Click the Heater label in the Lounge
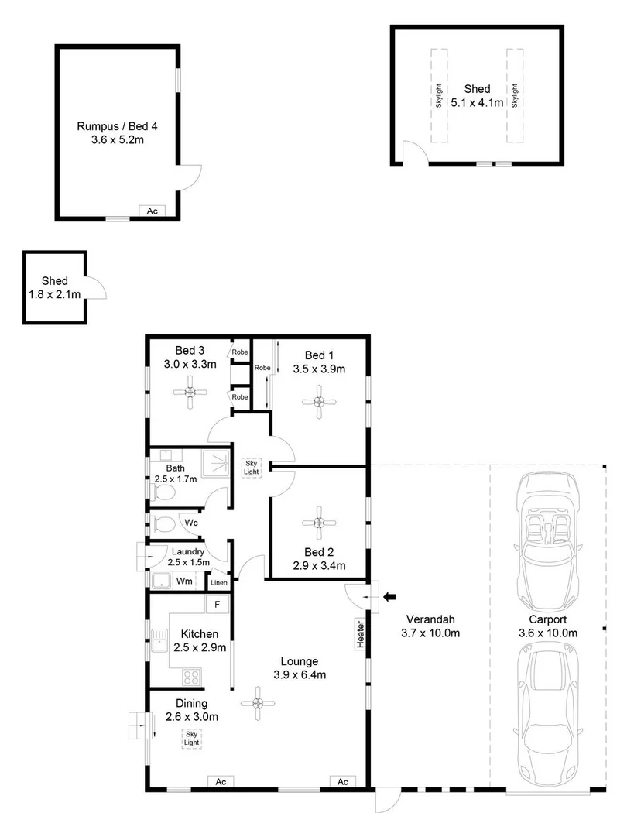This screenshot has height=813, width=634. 360,633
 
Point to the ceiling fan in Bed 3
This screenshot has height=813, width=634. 190,393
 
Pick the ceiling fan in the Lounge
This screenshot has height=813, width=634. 256,702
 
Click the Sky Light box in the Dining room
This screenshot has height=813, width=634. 190,738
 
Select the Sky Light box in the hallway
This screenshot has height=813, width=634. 252,466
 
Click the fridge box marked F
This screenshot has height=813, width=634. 217,603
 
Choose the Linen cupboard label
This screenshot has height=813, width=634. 219,581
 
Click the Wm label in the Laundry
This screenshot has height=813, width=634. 184,580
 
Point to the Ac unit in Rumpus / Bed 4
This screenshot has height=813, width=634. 152,211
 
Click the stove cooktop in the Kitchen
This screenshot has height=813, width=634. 191,677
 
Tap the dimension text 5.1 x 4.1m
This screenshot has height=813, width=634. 478,102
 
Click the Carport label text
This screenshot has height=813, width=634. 548,619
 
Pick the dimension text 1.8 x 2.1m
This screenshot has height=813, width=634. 54,294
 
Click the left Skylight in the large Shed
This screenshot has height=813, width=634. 438,95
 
